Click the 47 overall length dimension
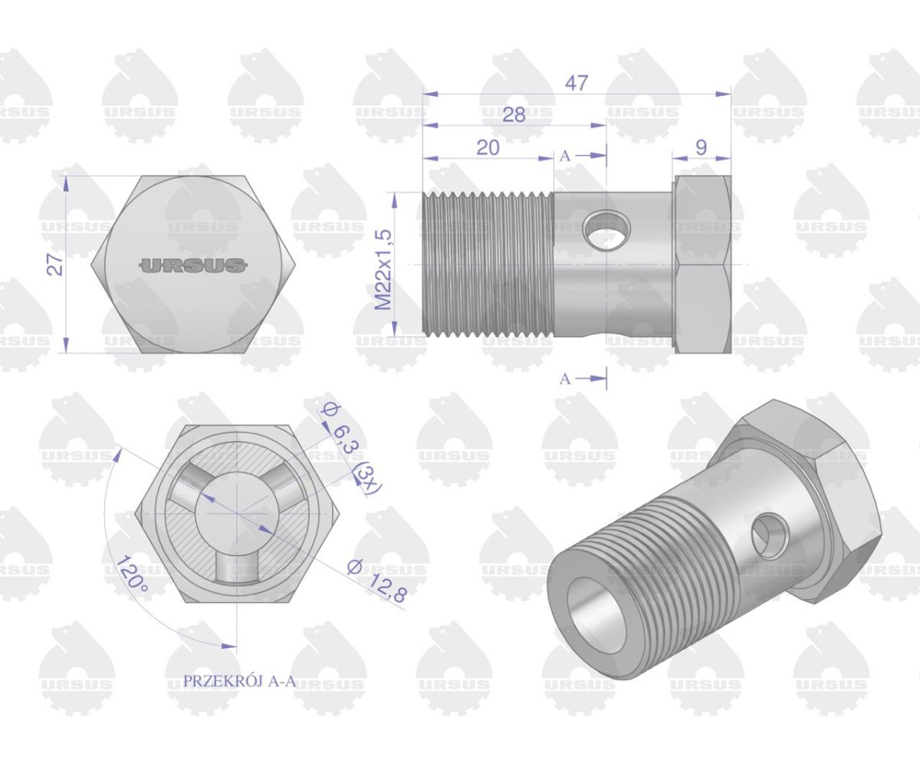click(x=577, y=83)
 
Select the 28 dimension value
click(x=514, y=115)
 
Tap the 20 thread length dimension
click(x=488, y=148)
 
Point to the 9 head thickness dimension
click(x=701, y=148)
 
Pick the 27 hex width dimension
click(x=54, y=265)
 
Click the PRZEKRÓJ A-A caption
click(x=239, y=681)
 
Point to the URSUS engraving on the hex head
click(x=193, y=265)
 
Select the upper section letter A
click(x=565, y=156)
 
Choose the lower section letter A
click(x=565, y=379)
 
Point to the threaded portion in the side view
click(x=488, y=265)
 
